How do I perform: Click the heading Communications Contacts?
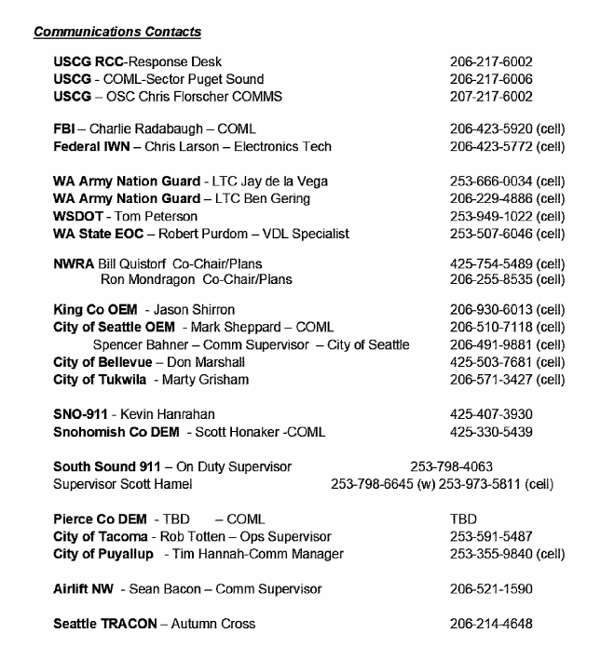pos(117,33)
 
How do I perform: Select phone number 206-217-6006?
pos(491,79)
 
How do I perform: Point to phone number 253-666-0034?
pos(491,181)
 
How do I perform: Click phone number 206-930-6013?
pos(491,309)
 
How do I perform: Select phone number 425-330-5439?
pos(491,432)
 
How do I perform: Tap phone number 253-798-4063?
pos(451,466)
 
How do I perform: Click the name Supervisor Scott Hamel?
pos(123,484)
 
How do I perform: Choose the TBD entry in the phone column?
pos(463,519)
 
